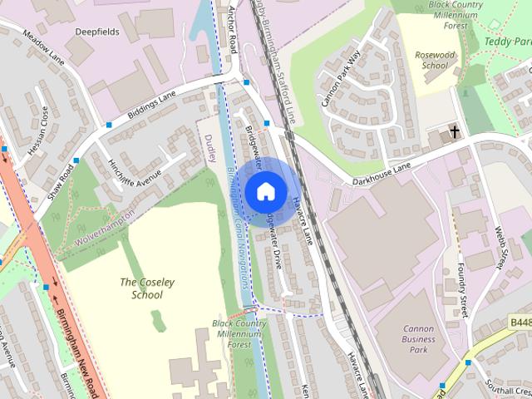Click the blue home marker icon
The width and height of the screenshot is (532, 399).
coord(264,190)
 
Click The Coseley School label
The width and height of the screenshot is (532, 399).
coord(147,288)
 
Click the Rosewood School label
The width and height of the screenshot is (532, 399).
coord(436,60)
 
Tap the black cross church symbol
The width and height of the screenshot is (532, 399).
coord(455,131)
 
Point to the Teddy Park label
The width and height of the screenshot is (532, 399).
coord(507,39)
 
